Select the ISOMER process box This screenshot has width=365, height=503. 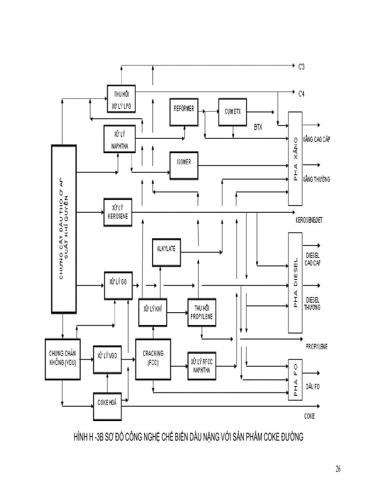click(184, 165)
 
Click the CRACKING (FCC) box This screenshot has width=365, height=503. click(153, 359)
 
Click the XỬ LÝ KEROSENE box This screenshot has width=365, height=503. click(118, 211)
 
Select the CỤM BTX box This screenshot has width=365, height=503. click(233, 111)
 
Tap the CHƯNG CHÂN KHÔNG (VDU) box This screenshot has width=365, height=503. click(63, 359)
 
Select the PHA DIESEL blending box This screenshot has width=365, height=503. click(295, 283)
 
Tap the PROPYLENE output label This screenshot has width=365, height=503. click(317, 346)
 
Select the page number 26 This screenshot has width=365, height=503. click(338, 469)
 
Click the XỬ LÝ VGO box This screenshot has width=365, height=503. click(107, 359)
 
